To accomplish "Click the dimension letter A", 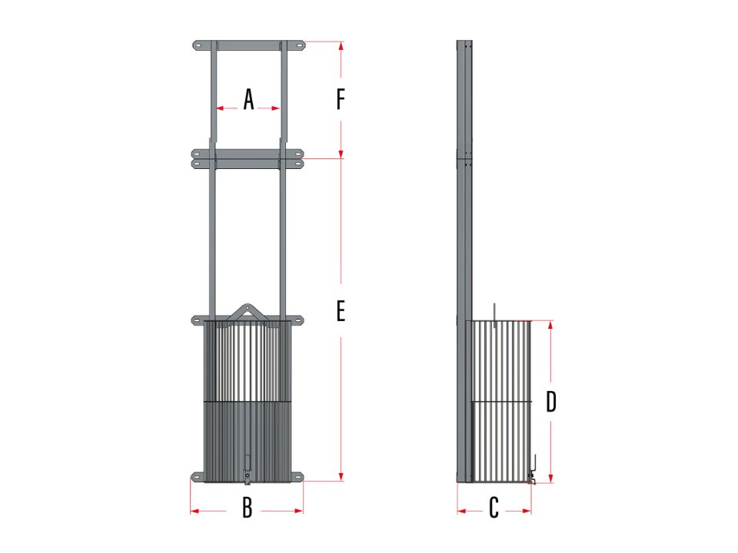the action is point(248,100).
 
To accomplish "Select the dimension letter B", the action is point(247,508).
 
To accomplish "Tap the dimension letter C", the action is point(494,508).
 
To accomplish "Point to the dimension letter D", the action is point(551,402).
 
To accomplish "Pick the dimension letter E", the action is point(341,311).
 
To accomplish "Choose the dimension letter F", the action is point(341,99).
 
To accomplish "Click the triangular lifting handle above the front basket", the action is point(247,312).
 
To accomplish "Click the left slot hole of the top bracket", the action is point(198,45).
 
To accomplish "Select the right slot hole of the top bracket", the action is point(298,45).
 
